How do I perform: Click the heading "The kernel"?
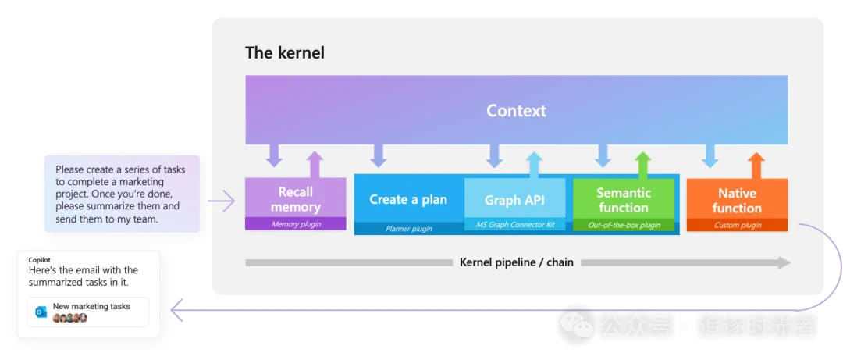click(285, 53)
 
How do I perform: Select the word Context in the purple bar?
click(516, 111)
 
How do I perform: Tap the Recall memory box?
click(295, 199)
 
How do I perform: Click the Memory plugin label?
click(295, 224)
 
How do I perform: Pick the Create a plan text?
click(408, 199)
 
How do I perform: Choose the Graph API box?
click(514, 200)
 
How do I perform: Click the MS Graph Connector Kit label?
click(514, 225)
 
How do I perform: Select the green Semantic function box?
click(623, 200)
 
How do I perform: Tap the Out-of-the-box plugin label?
click(623, 225)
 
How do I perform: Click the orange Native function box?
click(737, 200)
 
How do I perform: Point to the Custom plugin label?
click(737, 225)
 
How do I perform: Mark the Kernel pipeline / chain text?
click(517, 262)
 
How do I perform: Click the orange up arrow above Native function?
click(756, 165)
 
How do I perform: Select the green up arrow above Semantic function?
click(642, 165)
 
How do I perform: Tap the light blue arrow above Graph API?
click(534, 165)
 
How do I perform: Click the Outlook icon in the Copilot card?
click(41, 312)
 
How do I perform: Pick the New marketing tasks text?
click(91, 306)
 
